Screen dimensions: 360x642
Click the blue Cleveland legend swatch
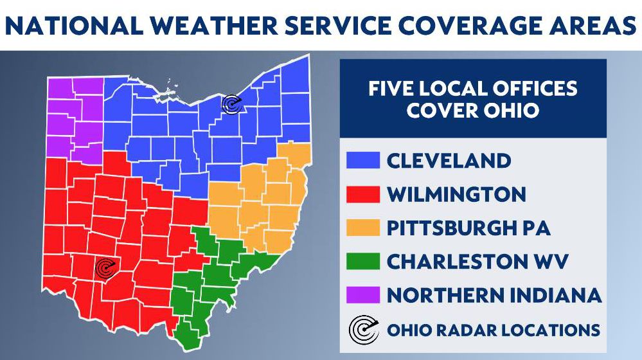coord(362,160)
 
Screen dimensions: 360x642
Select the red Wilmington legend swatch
coord(362,194)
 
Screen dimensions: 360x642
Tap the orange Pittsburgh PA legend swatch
coord(362,228)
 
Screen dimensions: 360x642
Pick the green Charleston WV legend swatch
coord(362,261)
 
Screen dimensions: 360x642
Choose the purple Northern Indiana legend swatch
coord(362,295)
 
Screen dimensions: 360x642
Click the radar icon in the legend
coord(362,330)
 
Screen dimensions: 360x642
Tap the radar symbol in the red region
coord(104,268)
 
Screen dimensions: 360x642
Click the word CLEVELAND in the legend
coord(449,160)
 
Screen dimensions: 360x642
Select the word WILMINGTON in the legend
coord(456,194)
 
